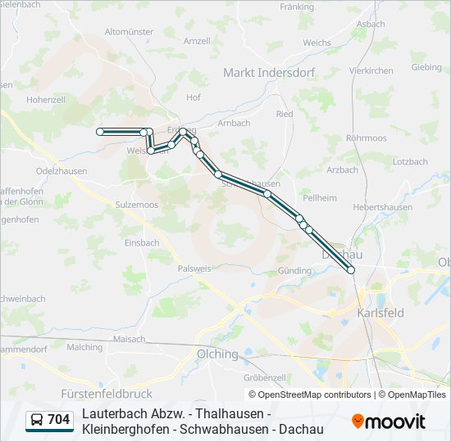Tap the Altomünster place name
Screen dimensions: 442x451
(130, 31)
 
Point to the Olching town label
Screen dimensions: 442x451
(216, 354)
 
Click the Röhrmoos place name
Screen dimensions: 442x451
(366, 138)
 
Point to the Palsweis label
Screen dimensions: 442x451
(194, 268)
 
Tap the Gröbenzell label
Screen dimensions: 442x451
(264, 377)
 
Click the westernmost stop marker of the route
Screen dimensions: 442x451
(100, 131)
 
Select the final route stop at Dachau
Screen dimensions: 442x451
(351, 269)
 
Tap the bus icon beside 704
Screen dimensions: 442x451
(37, 421)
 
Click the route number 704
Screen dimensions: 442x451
(59, 421)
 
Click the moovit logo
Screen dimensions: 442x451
(389, 422)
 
